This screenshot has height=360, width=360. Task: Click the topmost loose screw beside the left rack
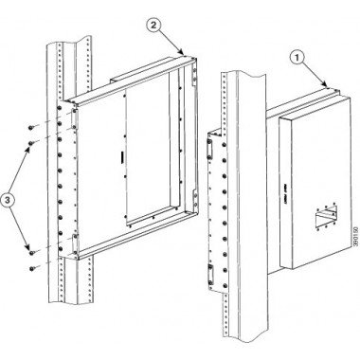click(x=31, y=125)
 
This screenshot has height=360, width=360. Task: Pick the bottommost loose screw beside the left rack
click(x=32, y=266)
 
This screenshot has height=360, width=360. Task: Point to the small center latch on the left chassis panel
click(x=122, y=153)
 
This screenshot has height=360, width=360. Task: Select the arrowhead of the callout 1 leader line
click(x=333, y=86)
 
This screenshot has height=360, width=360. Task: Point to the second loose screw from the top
click(x=33, y=141)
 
